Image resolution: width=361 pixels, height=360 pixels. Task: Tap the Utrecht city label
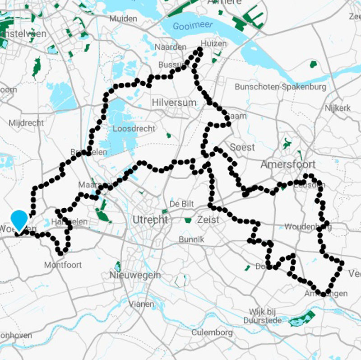pyautogui.click(x=150, y=220)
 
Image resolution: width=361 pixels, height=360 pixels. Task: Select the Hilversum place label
pyautogui.click(x=174, y=103)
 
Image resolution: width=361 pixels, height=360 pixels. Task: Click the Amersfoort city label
pyautogui.click(x=288, y=164)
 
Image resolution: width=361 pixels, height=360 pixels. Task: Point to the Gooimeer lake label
pyautogui.click(x=192, y=26)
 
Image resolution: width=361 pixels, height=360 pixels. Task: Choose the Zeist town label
pyautogui.click(x=208, y=220)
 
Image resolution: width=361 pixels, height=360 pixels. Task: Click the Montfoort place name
pyautogui.click(x=63, y=265)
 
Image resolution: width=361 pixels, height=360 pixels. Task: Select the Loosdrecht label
pyautogui.click(x=134, y=129)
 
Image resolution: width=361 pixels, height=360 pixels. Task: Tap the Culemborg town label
pyautogui.click(x=212, y=333)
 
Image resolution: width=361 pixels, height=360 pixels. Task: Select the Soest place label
pyautogui.click(x=242, y=147)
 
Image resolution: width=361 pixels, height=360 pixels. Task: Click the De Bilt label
pyautogui.click(x=181, y=204)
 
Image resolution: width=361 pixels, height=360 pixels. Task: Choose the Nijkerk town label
pyautogui.click(x=337, y=108)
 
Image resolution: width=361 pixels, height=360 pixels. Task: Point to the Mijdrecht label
pyautogui.click(x=26, y=123)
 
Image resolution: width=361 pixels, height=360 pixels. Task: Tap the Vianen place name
pyautogui.click(x=142, y=304)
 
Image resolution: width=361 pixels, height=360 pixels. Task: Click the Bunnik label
pyautogui.click(x=192, y=239)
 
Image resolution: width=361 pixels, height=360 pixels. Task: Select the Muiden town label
pyautogui.click(x=123, y=19)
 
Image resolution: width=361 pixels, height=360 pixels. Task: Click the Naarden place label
pyautogui.click(x=170, y=47)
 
